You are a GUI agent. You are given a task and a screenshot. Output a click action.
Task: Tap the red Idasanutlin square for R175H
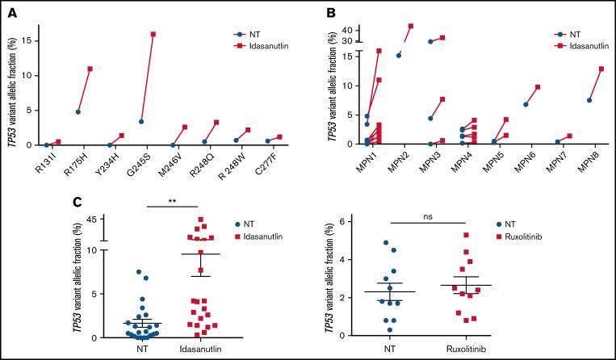point(90,69)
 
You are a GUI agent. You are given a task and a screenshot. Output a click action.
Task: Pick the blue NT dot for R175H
point(78,111)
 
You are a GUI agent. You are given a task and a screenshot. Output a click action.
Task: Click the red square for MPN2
point(411,26)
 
